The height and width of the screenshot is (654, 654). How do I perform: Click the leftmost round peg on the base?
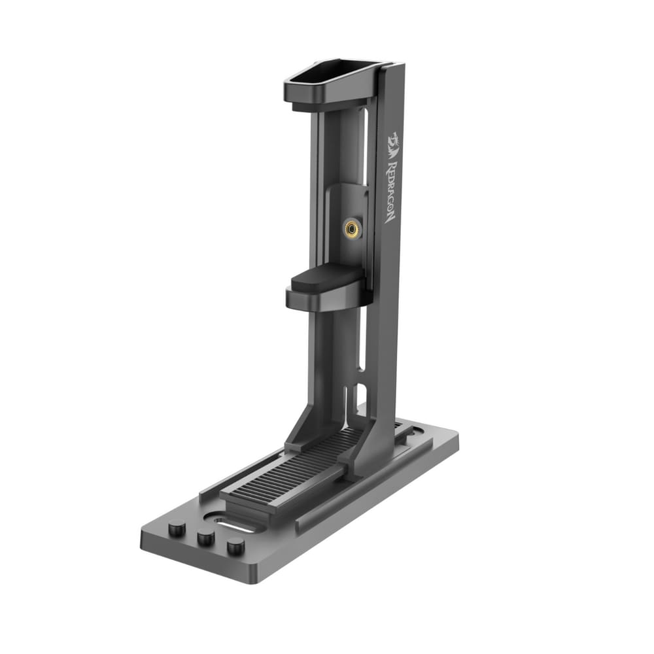click(176, 528)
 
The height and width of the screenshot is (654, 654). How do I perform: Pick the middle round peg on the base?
click(206, 538)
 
